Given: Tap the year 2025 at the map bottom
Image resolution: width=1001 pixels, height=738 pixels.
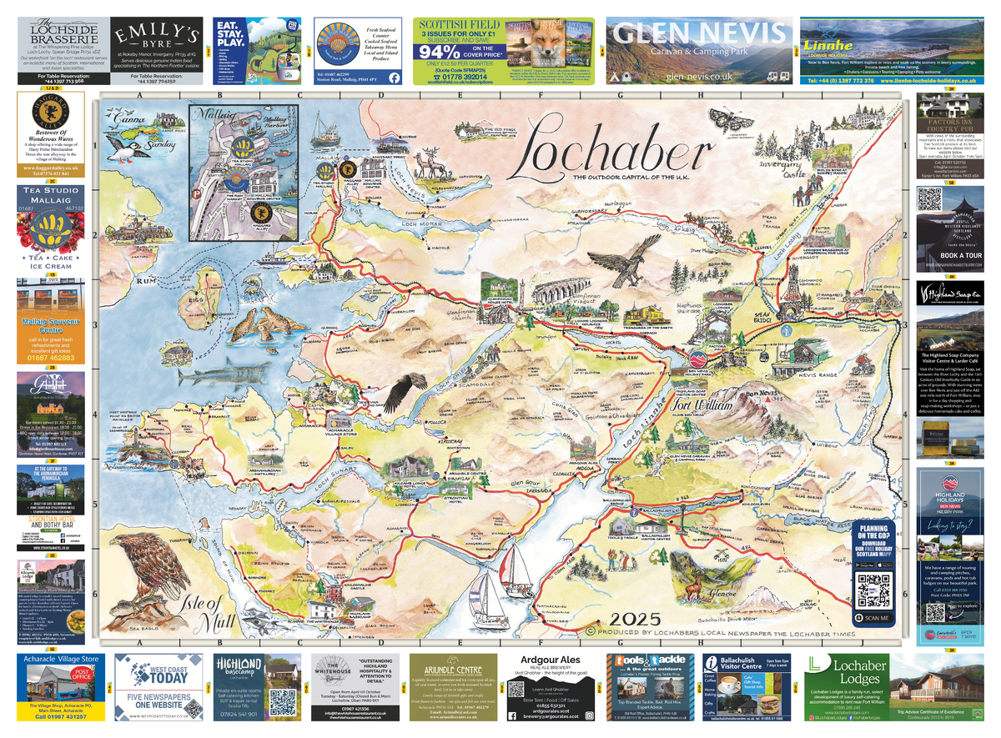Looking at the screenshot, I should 635,619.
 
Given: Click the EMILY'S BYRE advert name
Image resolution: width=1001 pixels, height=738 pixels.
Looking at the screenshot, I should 157,36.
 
